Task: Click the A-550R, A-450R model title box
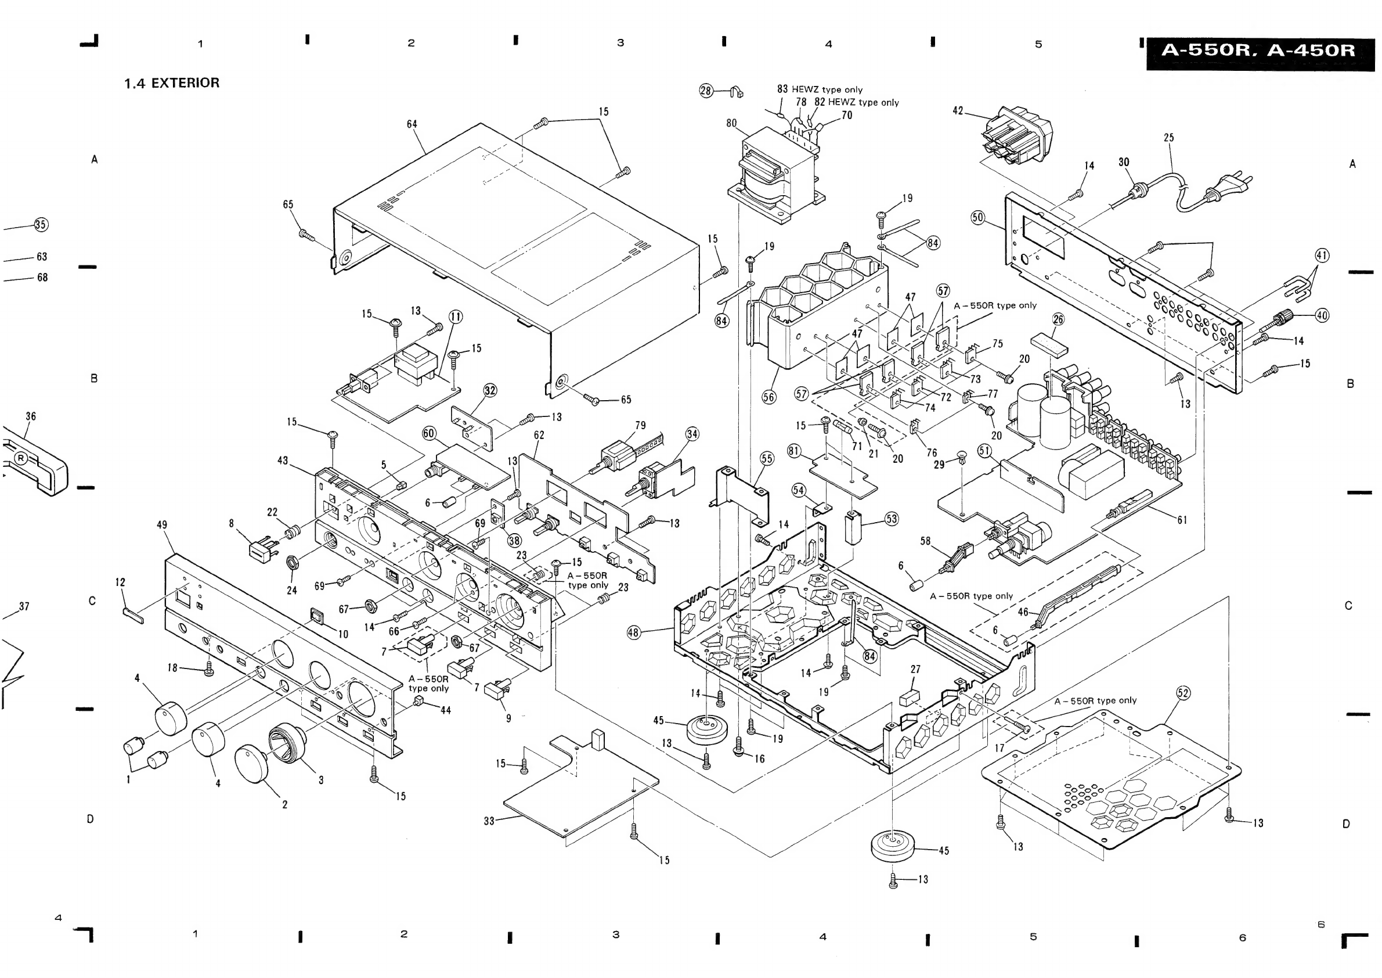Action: pos(1260,51)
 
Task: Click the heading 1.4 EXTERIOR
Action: pos(172,83)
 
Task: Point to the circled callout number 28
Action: pos(706,91)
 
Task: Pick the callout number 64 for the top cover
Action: pos(412,124)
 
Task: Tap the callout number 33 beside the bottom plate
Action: pos(489,821)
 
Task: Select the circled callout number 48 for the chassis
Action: pos(633,632)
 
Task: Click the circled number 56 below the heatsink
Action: pos(768,397)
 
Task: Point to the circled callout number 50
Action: pos(977,217)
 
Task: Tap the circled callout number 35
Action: pos(40,225)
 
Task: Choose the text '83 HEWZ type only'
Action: pos(820,89)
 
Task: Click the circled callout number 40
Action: pos(1322,315)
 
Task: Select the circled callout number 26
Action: pos(1058,319)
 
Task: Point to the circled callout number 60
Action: pos(428,433)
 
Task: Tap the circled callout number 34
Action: pos(692,434)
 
